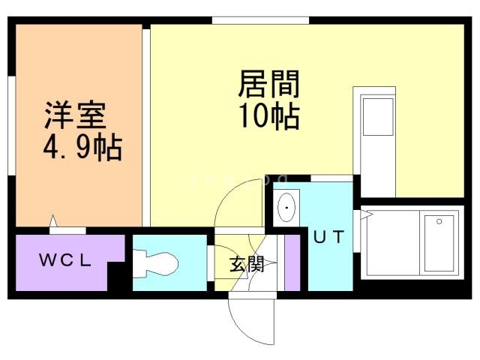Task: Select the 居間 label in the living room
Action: point(269,85)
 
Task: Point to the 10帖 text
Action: point(269,117)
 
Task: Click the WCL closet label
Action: point(65,261)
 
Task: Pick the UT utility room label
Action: point(328,238)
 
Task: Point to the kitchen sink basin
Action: point(377,116)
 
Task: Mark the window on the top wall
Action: point(260,19)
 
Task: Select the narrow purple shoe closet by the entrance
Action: point(292,262)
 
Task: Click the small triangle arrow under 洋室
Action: point(53,221)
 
